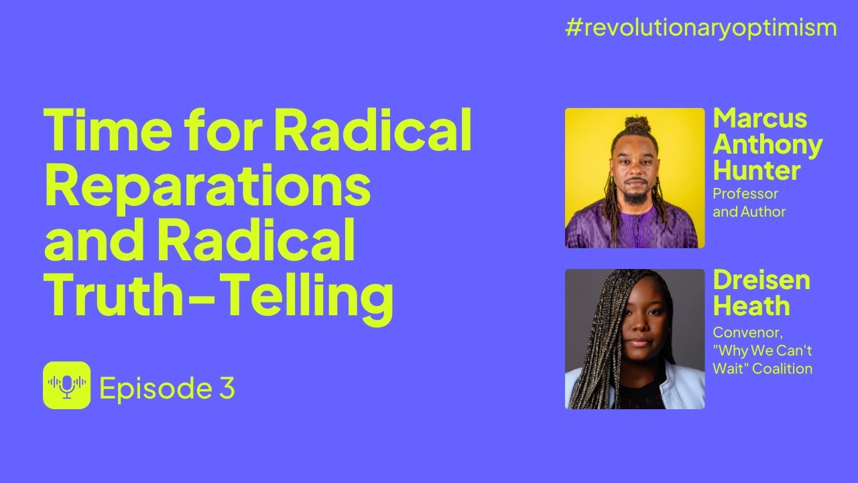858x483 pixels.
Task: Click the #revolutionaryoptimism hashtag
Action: [700, 28]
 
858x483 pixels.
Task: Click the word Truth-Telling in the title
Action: [219, 297]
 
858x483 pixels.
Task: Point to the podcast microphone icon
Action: [66, 385]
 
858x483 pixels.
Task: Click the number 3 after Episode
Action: [227, 388]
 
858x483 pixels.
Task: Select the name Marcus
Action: [760, 118]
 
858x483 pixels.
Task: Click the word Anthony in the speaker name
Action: [768, 146]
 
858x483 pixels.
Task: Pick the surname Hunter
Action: [757, 170]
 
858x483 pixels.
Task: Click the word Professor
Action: [745, 194]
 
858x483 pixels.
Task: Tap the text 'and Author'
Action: [749, 211]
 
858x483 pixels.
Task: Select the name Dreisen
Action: [761, 280]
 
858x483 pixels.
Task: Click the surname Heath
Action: [751, 306]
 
